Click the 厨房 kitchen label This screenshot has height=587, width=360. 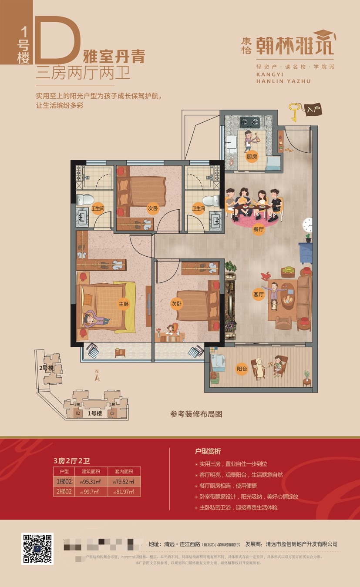click(252, 157)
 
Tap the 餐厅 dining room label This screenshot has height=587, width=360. click(259, 230)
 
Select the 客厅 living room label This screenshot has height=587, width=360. click(259, 295)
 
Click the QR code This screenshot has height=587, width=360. click(37, 549)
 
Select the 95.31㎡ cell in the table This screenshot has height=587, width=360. click(91, 481)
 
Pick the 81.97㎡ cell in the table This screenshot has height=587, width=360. click(124, 492)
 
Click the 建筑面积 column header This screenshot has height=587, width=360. click(91, 471)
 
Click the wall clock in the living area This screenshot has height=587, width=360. click(308, 225)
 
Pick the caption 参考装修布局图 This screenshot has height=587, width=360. click(196, 414)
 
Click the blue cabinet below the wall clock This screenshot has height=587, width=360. click(306, 252)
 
